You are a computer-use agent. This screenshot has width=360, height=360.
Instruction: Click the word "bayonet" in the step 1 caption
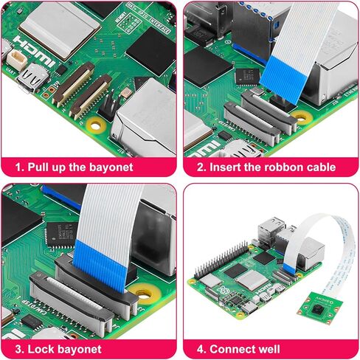(x=108, y=167)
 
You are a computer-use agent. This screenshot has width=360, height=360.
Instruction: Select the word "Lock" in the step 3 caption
(x=35, y=349)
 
